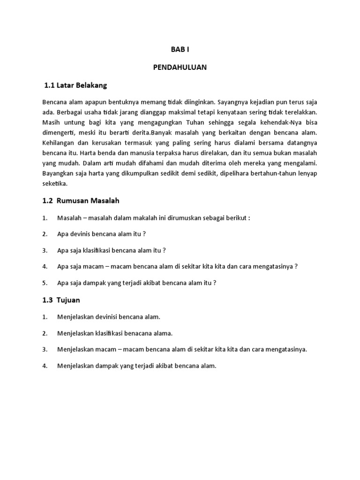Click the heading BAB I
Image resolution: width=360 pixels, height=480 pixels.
click(180, 49)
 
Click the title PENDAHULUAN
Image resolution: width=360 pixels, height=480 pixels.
click(180, 67)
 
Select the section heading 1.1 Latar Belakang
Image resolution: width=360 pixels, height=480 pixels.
click(75, 85)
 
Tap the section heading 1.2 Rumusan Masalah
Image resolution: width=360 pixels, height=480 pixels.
click(81, 201)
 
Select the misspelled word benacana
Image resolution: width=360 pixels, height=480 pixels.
click(136, 333)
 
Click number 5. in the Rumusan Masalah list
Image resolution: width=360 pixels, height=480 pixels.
click(45, 283)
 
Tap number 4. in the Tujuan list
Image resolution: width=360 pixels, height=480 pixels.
click(45, 366)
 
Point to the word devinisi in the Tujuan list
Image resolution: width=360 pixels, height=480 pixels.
click(107, 317)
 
